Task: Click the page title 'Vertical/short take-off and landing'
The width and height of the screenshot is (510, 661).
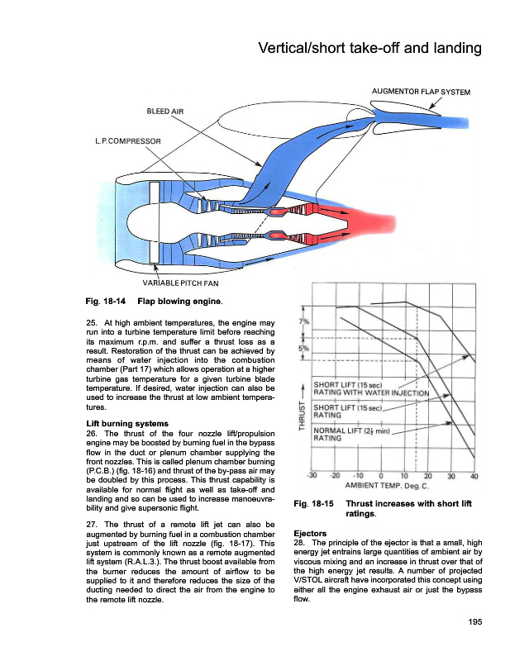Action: pyautogui.click(x=369, y=48)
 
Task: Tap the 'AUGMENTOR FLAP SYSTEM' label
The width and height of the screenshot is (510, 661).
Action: pyautogui.click(x=422, y=92)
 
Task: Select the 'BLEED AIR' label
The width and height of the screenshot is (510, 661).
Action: pyautogui.click(x=164, y=110)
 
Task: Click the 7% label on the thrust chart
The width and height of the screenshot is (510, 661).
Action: pyautogui.click(x=303, y=321)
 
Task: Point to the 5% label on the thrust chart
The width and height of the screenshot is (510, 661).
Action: pyautogui.click(x=303, y=349)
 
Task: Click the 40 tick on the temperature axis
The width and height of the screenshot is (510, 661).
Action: pyautogui.click(x=474, y=475)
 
